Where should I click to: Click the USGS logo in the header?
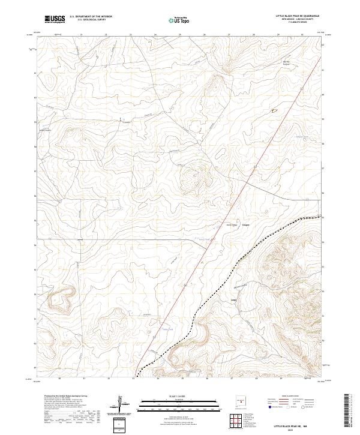pyautogui.click(x=55, y=19)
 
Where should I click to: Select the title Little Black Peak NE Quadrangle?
pyautogui.click(x=297, y=16)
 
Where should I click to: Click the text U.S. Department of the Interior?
pyautogui.click(x=91, y=16)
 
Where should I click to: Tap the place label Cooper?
pyautogui.click(x=245, y=225)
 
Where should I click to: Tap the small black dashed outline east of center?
pyautogui.click(x=276, y=110)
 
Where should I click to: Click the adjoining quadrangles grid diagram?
pyautogui.click(x=236, y=422)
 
